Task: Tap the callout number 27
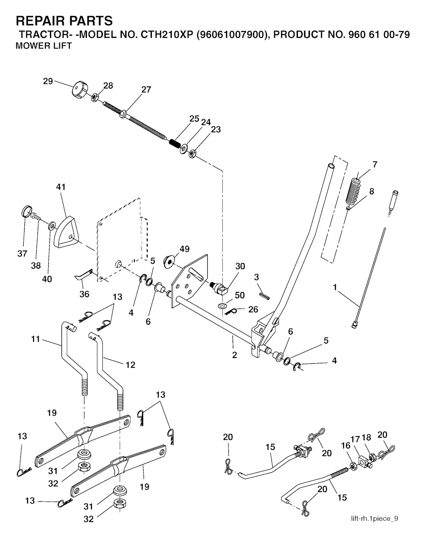tap(146, 89)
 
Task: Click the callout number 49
tap(184, 249)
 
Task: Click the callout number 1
tap(335, 287)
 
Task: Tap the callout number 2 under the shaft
tap(235, 355)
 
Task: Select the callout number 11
tap(35, 339)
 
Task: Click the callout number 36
tap(84, 294)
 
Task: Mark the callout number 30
tap(240, 266)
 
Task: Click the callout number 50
tap(240, 295)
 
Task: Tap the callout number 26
tap(253, 309)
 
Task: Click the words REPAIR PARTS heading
tap(64, 20)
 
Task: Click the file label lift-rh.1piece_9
tap(374, 518)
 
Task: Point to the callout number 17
tap(355, 439)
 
